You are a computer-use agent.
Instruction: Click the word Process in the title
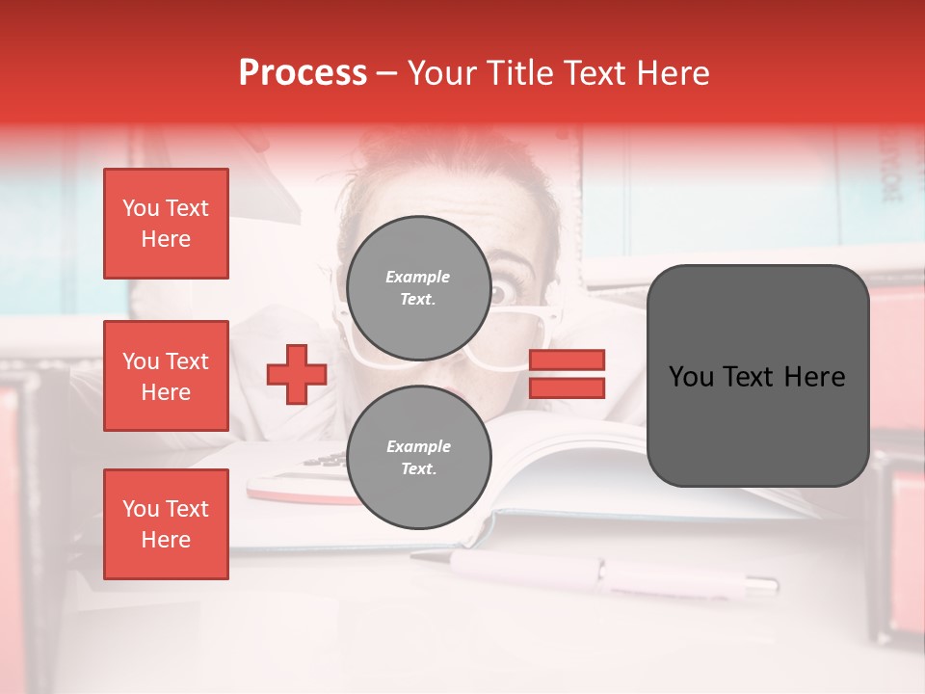[x=303, y=73]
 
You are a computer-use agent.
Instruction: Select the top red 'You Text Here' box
[x=166, y=224]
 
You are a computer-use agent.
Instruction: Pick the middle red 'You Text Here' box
[x=166, y=376]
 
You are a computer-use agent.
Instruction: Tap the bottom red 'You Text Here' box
[x=166, y=523]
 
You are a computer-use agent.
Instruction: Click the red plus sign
[x=297, y=374]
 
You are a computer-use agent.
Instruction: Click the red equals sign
[x=568, y=374]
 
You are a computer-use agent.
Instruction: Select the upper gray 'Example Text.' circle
[x=418, y=288]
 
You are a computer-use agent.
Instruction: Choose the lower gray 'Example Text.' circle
[x=418, y=458]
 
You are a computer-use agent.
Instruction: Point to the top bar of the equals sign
[x=568, y=360]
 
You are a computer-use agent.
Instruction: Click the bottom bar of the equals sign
[x=568, y=387]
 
